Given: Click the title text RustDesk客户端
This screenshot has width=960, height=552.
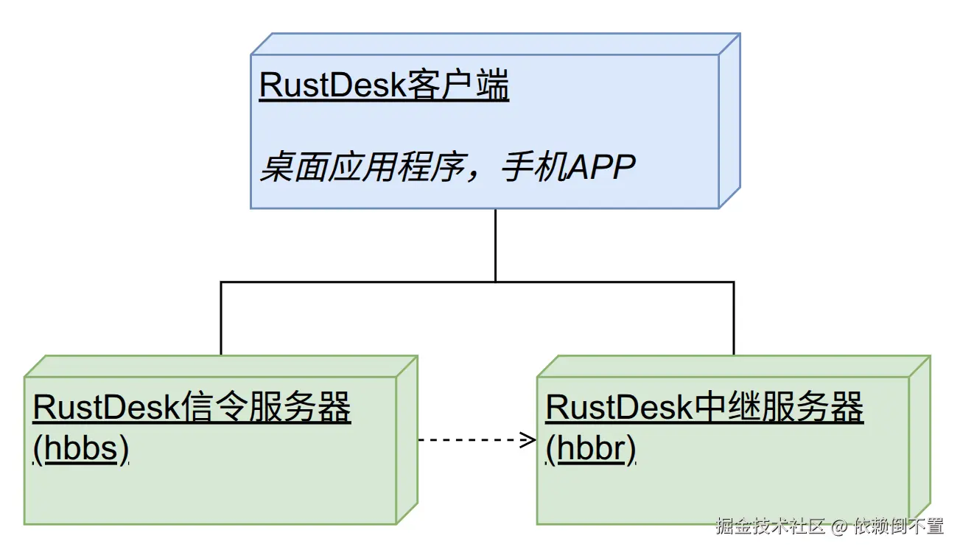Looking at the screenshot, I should [x=384, y=86].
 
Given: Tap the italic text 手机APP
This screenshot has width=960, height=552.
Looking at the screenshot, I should [x=568, y=169].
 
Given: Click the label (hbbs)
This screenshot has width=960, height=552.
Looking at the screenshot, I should [x=81, y=448].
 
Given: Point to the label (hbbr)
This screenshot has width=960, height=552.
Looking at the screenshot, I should [x=591, y=448].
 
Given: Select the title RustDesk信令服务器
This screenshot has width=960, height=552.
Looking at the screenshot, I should [x=192, y=408].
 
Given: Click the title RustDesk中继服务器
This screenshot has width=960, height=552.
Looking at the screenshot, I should [x=704, y=408].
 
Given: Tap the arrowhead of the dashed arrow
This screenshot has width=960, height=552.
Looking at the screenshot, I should [x=529, y=440].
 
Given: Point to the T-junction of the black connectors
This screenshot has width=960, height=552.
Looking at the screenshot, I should [x=495, y=281].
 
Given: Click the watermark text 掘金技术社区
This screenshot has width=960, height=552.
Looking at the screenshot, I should [x=770, y=526].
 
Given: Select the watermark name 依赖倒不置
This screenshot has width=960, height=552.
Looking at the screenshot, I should [x=899, y=526].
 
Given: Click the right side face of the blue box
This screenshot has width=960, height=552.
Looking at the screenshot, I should [x=729, y=121].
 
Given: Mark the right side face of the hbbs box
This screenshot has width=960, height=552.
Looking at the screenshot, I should [x=407, y=439].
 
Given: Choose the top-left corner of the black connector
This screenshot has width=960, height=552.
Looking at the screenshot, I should [x=220, y=281].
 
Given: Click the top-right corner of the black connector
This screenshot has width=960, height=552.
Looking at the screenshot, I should [x=734, y=281].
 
